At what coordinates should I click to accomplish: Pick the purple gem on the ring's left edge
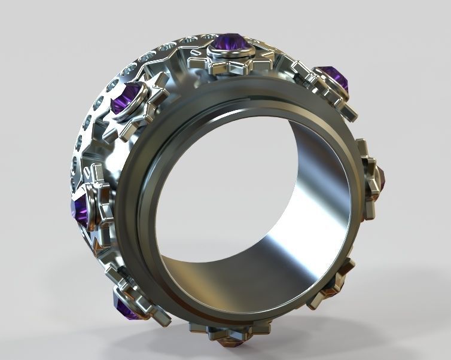[x=79, y=209]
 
